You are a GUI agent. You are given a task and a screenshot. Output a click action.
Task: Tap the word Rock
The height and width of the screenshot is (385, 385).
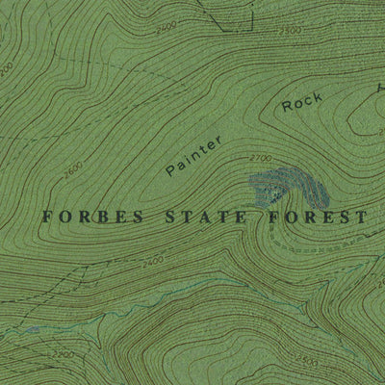pos(302,103)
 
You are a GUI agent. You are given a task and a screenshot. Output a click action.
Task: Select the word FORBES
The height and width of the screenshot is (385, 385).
pos(92,218)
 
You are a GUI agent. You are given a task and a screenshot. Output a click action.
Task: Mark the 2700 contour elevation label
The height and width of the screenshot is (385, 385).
pos(260,157)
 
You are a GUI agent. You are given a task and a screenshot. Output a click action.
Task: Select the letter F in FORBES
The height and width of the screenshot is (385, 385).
pos(47,218)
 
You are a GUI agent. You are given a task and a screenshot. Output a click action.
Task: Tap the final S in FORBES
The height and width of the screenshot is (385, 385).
pos(138,218)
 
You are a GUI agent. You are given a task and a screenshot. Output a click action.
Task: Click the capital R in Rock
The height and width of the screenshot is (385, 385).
pos(287,109)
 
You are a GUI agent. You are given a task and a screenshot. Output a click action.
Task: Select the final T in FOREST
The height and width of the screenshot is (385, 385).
pos(361,218)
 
